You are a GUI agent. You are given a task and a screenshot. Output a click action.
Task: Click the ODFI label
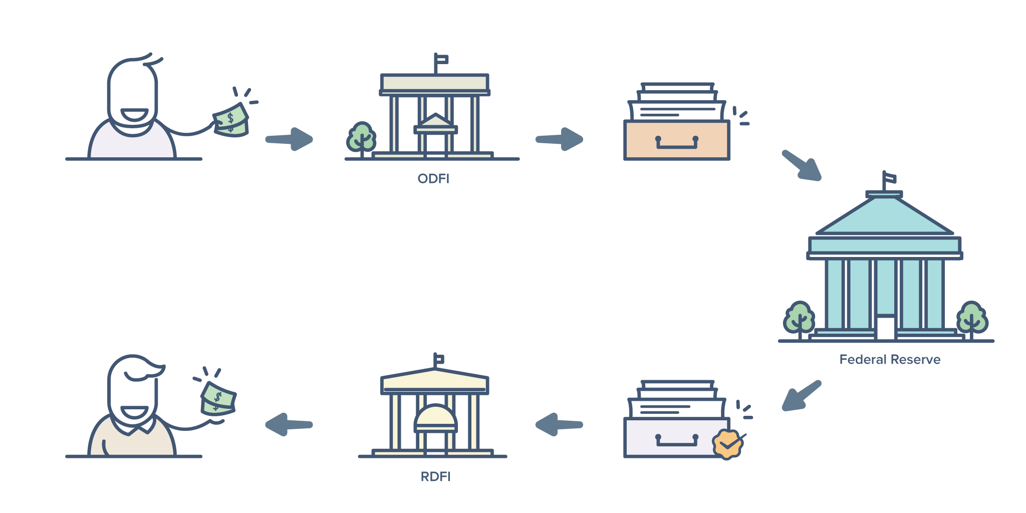[433, 179]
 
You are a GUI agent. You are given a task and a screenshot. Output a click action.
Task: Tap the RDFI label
[435, 476]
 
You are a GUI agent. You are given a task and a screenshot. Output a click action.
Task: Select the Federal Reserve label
[889, 359]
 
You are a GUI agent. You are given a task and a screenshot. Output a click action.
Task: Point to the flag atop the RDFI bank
[439, 359]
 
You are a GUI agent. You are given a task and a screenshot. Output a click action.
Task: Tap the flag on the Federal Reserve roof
[889, 178]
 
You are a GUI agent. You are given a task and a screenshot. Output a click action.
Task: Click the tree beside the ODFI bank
[361, 138]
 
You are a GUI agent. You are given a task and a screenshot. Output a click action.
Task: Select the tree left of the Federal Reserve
[799, 319]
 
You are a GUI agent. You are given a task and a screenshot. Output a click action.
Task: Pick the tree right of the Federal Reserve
[972, 319]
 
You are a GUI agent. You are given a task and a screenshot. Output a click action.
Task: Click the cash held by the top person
[231, 120]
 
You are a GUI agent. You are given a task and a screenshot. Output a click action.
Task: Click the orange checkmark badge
[727, 443]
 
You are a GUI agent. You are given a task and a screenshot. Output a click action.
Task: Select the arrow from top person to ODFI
[290, 139]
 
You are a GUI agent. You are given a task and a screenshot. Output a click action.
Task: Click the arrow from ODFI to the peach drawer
[560, 139]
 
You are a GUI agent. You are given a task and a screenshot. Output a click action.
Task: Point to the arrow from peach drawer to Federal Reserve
[802, 165]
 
